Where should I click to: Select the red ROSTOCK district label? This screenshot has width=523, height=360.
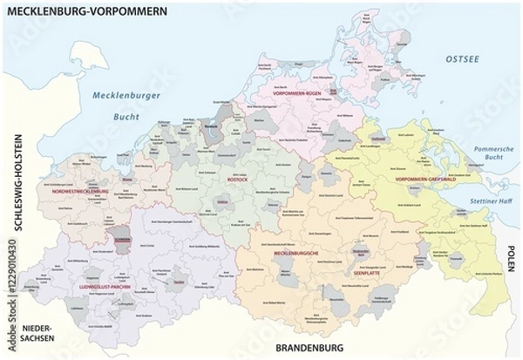pyautogui.click(x=213, y=180)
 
